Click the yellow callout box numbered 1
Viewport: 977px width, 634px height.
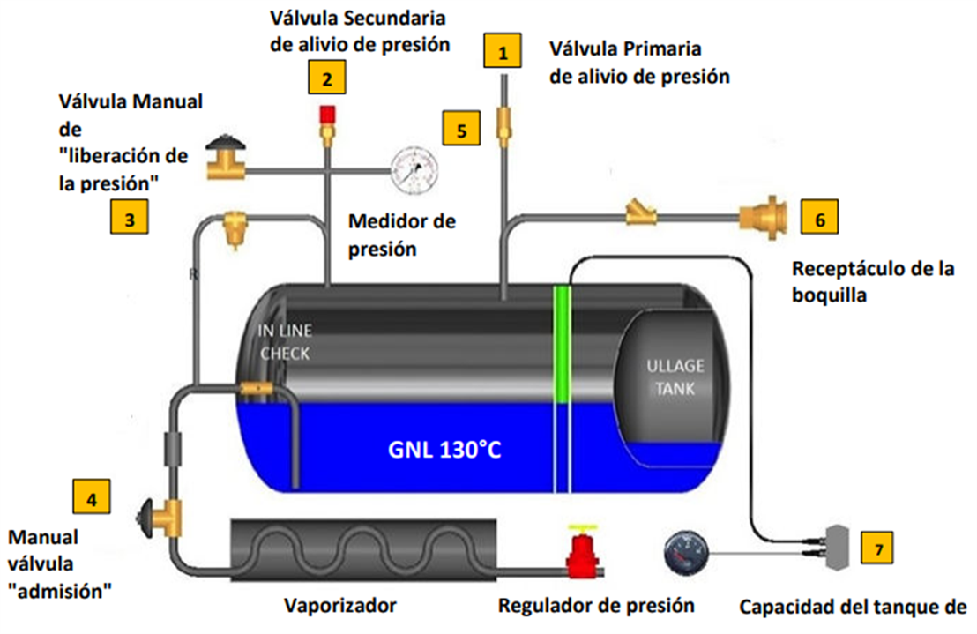coord(503,52)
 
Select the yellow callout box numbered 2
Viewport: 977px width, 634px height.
coord(326,78)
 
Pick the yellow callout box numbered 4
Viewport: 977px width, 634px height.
coord(92,498)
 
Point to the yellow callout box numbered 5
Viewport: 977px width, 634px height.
coord(461,129)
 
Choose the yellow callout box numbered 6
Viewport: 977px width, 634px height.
coord(820,217)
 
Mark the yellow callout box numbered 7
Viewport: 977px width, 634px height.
coord(876,548)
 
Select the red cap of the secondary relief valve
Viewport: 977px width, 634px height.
coord(327,114)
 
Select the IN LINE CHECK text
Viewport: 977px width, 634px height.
coord(284,342)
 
